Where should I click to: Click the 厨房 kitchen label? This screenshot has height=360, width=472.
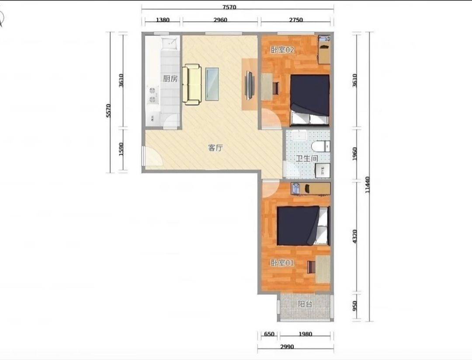click(x=170, y=79)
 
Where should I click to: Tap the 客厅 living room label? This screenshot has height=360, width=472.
click(x=215, y=148)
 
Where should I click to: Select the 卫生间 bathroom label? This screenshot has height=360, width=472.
click(x=306, y=158)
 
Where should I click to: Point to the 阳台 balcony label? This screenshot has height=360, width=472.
click(x=305, y=304)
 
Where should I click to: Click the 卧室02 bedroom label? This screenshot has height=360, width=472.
click(x=282, y=50)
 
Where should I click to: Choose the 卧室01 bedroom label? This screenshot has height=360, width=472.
click(x=282, y=263)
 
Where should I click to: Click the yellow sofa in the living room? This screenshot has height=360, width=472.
click(x=192, y=85)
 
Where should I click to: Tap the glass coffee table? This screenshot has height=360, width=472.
click(x=212, y=84)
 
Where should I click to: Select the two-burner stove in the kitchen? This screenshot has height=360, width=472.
click(x=153, y=95)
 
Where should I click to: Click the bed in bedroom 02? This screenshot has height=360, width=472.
click(x=309, y=100)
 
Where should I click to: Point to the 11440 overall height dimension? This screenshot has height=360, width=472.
click(x=367, y=190)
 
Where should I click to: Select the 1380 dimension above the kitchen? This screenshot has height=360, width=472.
click(x=163, y=20)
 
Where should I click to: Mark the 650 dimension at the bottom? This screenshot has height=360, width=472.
click(x=269, y=334)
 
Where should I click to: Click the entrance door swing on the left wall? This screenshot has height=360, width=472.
click(x=153, y=156)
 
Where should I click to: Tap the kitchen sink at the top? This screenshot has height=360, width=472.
click(x=170, y=44)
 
